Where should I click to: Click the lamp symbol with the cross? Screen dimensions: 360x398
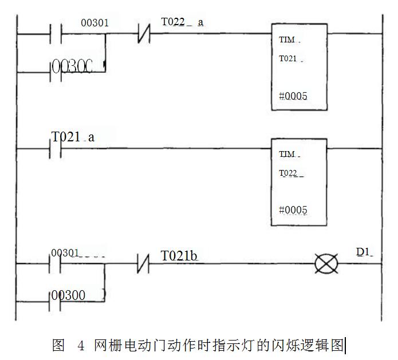point(327,264)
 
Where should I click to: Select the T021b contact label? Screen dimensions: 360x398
point(179,255)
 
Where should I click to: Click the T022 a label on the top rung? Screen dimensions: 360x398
point(182,22)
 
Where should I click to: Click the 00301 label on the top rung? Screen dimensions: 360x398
point(94,23)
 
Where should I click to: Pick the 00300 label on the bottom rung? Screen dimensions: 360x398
point(69,295)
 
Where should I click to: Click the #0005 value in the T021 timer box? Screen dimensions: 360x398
point(293,96)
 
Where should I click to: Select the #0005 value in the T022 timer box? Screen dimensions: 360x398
point(293,210)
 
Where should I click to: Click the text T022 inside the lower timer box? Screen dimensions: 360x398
point(290,173)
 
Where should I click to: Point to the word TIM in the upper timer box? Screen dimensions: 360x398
point(287,41)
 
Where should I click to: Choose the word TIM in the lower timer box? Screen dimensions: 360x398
point(287,154)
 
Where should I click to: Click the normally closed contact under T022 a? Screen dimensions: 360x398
point(144,34)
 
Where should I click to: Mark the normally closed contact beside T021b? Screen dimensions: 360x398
point(144,264)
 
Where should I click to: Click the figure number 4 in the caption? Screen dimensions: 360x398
point(81,346)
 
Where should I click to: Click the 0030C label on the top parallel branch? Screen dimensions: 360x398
point(72,66)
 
